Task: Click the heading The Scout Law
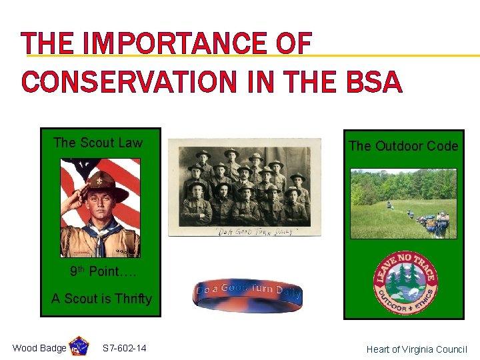click(x=98, y=142)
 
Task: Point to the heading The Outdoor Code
click(x=403, y=146)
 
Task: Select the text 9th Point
click(x=96, y=271)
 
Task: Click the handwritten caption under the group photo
click(x=245, y=230)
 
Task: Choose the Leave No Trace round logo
click(x=404, y=283)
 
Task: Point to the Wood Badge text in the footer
click(x=39, y=348)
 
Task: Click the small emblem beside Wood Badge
click(x=79, y=347)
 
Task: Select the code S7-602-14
click(x=125, y=348)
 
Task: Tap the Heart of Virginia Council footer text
click(x=417, y=349)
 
